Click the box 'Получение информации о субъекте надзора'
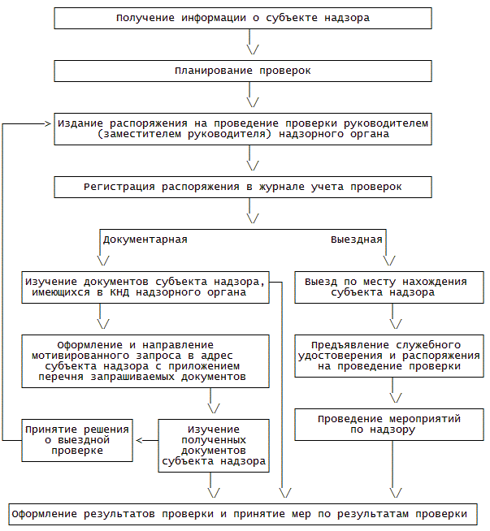243,19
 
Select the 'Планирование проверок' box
243,71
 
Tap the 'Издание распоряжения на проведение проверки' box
243,128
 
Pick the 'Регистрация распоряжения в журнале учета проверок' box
243,187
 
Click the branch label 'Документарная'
145,240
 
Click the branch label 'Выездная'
356,240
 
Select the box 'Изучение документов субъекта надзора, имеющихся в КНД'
145,287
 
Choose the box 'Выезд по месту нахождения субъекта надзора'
386,287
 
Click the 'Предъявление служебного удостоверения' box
386,355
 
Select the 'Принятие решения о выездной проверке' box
78,439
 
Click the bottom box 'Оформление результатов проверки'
243,514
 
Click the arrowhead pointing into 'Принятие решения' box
139,440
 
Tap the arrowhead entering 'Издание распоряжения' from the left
47,123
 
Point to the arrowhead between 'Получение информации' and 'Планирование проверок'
252,46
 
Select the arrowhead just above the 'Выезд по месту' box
388,261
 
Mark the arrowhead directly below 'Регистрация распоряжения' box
252,218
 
